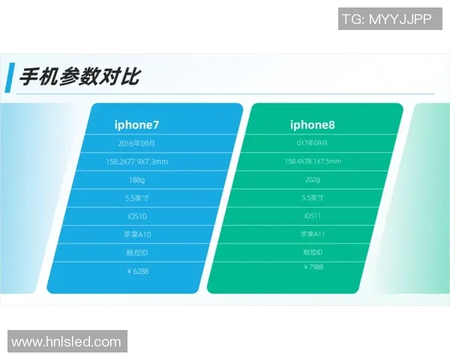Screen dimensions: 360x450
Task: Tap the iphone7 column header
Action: [136, 124]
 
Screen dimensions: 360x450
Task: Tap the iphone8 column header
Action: [313, 124]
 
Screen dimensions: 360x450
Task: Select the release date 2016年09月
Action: [136, 143]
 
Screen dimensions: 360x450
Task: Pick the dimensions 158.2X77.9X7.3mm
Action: [136, 162]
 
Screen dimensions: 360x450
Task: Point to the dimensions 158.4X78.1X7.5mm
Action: [313, 161]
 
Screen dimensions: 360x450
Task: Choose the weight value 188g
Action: [136, 180]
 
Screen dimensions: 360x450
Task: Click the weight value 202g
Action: [313, 180]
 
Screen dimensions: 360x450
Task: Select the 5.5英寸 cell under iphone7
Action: [136, 199]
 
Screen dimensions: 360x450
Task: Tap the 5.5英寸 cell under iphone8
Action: [313, 198]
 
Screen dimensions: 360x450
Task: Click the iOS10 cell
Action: [136, 217]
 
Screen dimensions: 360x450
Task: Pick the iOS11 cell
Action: [313, 216]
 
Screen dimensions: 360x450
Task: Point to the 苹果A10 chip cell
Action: [136, 235]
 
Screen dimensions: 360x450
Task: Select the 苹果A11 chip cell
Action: [313, 234]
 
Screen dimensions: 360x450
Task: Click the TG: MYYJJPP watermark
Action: [387, 19]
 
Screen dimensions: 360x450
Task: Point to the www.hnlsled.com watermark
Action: [66, 342]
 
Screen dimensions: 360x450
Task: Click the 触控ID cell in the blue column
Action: [136, 253]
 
